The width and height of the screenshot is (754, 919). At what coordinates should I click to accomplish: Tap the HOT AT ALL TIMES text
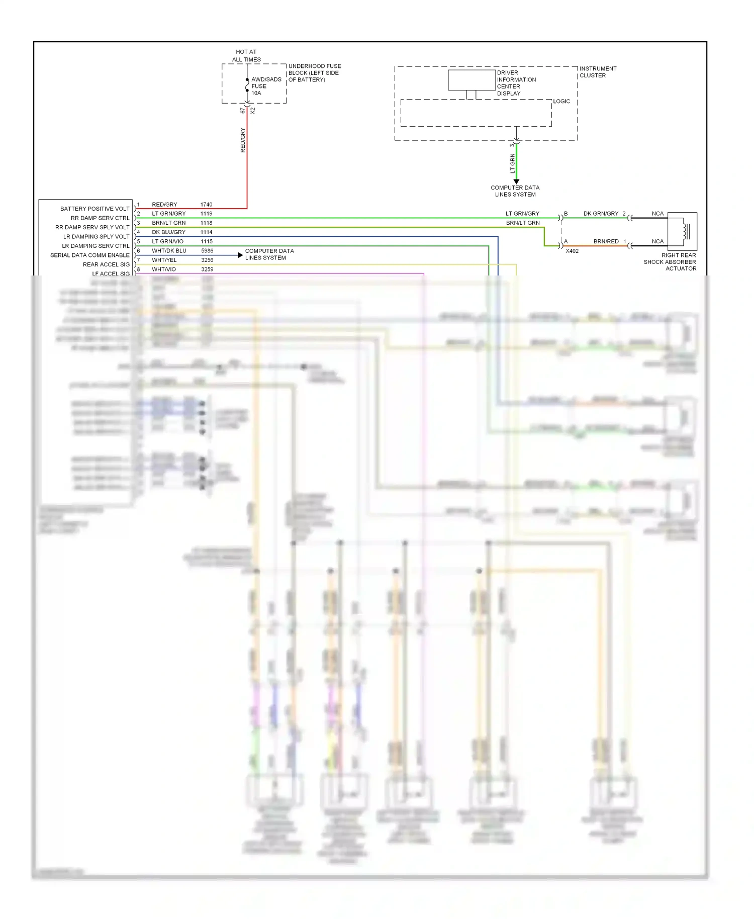coord(246,55)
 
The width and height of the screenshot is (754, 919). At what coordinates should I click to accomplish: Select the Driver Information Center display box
coord(472,80)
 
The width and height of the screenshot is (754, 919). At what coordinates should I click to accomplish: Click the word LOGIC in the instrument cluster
coord(561,102)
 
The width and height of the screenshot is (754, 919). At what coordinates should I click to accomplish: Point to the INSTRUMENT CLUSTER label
coord(598,72)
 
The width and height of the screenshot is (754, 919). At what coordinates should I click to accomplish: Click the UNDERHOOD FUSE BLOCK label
coord(314,73)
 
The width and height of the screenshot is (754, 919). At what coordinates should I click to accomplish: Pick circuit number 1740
coord(206,205)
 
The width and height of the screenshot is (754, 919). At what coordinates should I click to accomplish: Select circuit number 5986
coord(207,251)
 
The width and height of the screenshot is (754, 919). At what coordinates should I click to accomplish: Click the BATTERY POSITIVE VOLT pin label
coord(95,209)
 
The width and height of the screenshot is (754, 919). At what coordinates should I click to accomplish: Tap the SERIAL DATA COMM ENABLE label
coord(89,255)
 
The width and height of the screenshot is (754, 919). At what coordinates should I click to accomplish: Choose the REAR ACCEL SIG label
coord(106,264)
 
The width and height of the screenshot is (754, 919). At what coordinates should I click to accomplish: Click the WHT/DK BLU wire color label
coord(169,251)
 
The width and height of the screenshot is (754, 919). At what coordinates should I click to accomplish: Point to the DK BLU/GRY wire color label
coord(168,232)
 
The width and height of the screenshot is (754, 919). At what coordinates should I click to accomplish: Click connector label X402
coord(572,251)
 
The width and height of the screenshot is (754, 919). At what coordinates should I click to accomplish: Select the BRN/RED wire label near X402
coord(606,241)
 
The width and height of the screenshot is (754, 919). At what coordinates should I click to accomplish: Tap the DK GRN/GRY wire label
coord(601,214)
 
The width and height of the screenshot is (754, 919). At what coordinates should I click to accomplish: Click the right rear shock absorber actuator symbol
coord(682,231)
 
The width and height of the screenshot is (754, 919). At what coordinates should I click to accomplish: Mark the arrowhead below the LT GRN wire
coord(516,181)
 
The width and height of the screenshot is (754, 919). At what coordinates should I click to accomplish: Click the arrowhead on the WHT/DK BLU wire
coord(240,255)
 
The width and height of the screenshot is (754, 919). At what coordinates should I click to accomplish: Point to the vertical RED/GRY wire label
coord(243,140)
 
